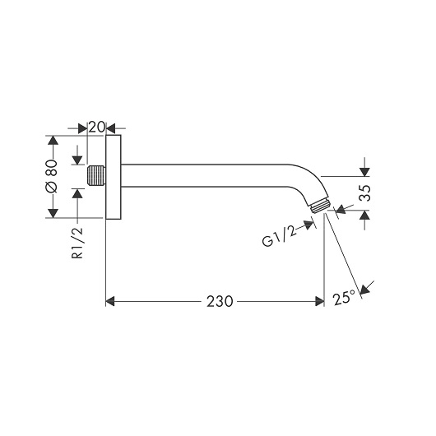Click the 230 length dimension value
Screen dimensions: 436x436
(x=220, y=301)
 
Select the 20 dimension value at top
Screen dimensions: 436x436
(x=97, y=127)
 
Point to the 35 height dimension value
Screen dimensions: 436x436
(x=364, y=193)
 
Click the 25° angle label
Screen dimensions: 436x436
(x=344, y=298)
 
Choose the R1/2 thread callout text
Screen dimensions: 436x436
(x=77, y=243)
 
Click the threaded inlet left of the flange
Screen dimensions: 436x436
(x=96, y=176)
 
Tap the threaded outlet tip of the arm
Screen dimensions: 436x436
(x=320, y=206)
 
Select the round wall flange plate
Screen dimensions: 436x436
(x=114, y=177)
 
